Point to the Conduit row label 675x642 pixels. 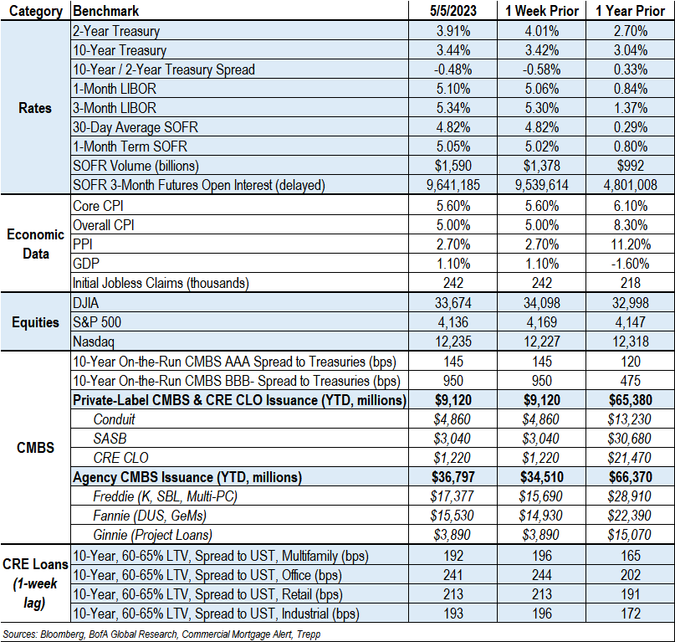(x=115, y=419)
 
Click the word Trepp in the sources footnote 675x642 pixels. (x=305, y=634)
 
